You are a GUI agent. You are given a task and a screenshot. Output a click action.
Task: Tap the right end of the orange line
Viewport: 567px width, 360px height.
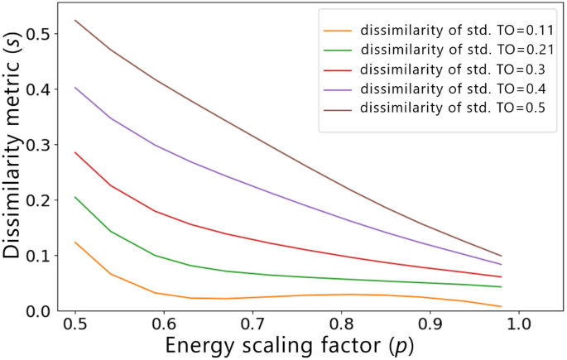tap(502, 307)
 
